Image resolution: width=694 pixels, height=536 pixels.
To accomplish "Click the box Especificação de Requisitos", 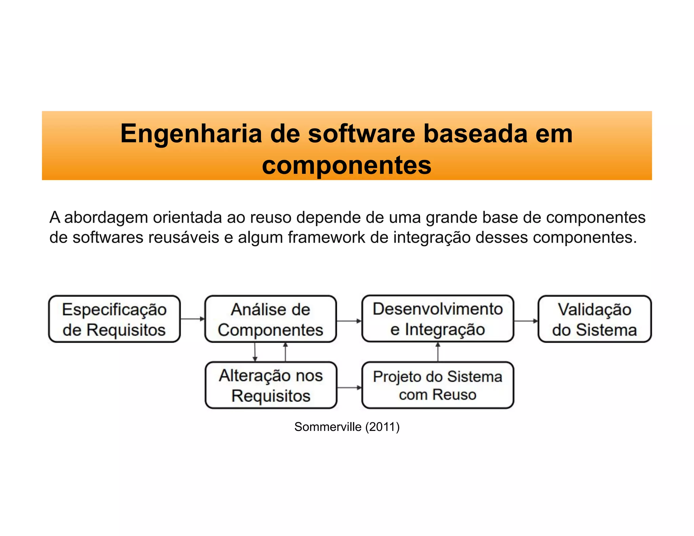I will point(114,319).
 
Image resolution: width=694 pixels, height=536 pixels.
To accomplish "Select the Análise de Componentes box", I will point(270,319).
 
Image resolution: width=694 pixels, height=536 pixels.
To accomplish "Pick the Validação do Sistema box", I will point(594,319).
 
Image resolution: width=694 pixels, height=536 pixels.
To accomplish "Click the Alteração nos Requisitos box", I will point(271,385).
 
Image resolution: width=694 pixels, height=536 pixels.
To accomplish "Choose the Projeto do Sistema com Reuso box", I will point(437,385).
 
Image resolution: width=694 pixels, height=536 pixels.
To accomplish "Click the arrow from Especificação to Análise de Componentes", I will point(192,319).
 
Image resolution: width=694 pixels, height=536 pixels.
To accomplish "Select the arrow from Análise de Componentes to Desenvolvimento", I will point(349,321).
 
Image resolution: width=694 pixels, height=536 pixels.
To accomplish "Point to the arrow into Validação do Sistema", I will point(526,321).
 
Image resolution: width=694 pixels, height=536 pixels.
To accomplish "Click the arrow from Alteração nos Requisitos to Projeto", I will point(349,388).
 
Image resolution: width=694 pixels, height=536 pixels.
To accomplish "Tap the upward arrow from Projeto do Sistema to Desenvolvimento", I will point(438,352).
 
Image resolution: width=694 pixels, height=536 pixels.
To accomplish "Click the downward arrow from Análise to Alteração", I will point(255,352).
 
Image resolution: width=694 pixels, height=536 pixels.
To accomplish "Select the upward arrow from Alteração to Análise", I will point(285,352).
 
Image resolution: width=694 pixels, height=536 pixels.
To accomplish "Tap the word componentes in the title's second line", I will point(347,165).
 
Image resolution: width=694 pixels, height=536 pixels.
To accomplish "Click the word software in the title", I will point(361,133).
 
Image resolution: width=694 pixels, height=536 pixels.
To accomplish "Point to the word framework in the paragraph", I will point(326,237).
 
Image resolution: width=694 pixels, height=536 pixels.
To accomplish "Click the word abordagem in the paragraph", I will point(106,218).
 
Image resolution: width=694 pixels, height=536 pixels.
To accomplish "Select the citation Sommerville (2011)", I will point(347,427).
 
